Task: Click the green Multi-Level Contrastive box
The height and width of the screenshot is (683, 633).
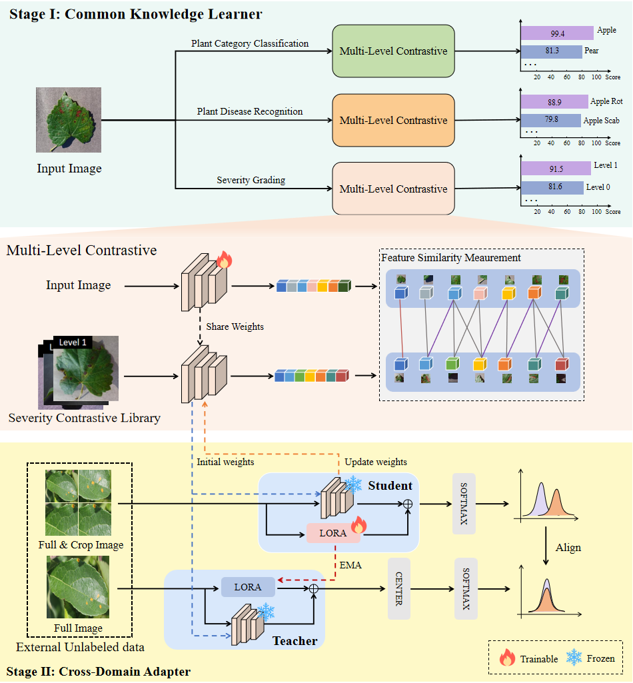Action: [x=393, y=51]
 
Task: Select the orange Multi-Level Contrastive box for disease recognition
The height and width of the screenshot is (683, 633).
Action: [x=393, y=120]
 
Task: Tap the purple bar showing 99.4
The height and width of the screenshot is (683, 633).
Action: [x=557, y=33]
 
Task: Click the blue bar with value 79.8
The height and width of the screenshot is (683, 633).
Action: [x=550, y=120]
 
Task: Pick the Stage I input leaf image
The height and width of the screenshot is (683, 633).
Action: [x=69, y=120]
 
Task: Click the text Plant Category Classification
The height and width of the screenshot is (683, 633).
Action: [x=250, y=44]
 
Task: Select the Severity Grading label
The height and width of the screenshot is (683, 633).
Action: [x=251, y=180]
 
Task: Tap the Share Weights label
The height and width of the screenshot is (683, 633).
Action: [x=235, y=327]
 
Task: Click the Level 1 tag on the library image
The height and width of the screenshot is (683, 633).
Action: [x=73, y=342]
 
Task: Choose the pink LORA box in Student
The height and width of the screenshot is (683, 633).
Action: [x=332, y=533]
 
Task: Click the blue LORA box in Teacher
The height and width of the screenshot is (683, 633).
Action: [x=248, y=587]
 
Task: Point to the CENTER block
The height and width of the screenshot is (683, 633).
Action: [x=398, y=588]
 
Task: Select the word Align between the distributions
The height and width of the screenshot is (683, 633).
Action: [x=568, y=547]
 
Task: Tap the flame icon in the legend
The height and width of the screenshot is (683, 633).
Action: [x=508, y=658]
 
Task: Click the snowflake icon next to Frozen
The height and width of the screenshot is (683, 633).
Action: [x=573, y=658]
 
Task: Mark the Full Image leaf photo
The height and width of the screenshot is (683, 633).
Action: [x=78, y=588]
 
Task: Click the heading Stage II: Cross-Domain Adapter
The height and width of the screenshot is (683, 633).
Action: [x=98, y=671]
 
